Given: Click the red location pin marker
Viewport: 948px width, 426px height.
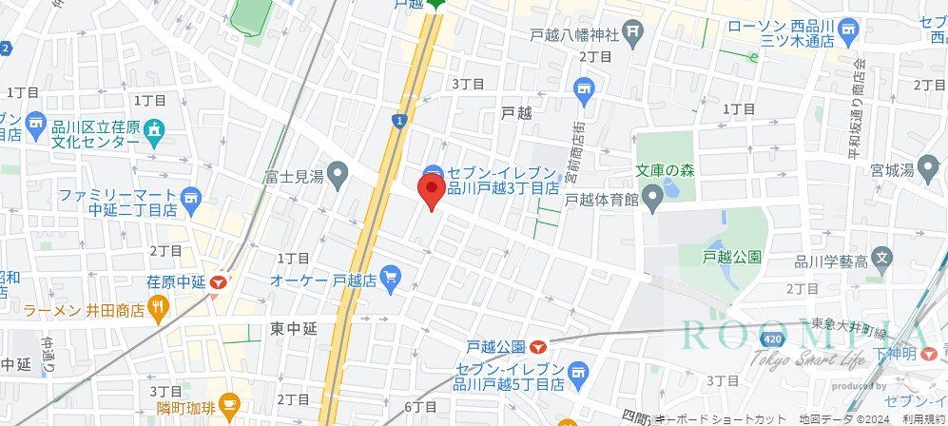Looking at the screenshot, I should point(431,193).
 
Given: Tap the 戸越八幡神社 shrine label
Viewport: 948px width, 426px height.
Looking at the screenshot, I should point(574,35).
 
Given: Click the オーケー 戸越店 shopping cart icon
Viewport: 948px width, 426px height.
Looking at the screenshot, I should point(390,279).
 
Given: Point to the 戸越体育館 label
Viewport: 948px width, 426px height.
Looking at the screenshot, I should point(602,200).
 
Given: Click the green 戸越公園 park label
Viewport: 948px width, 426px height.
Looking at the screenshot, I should point(731,257).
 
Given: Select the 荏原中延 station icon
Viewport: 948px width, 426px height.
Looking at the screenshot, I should point(221,282).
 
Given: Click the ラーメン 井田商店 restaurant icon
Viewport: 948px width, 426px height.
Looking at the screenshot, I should point(158,309).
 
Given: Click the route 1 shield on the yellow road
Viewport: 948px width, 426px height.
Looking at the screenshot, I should point(397,120).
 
